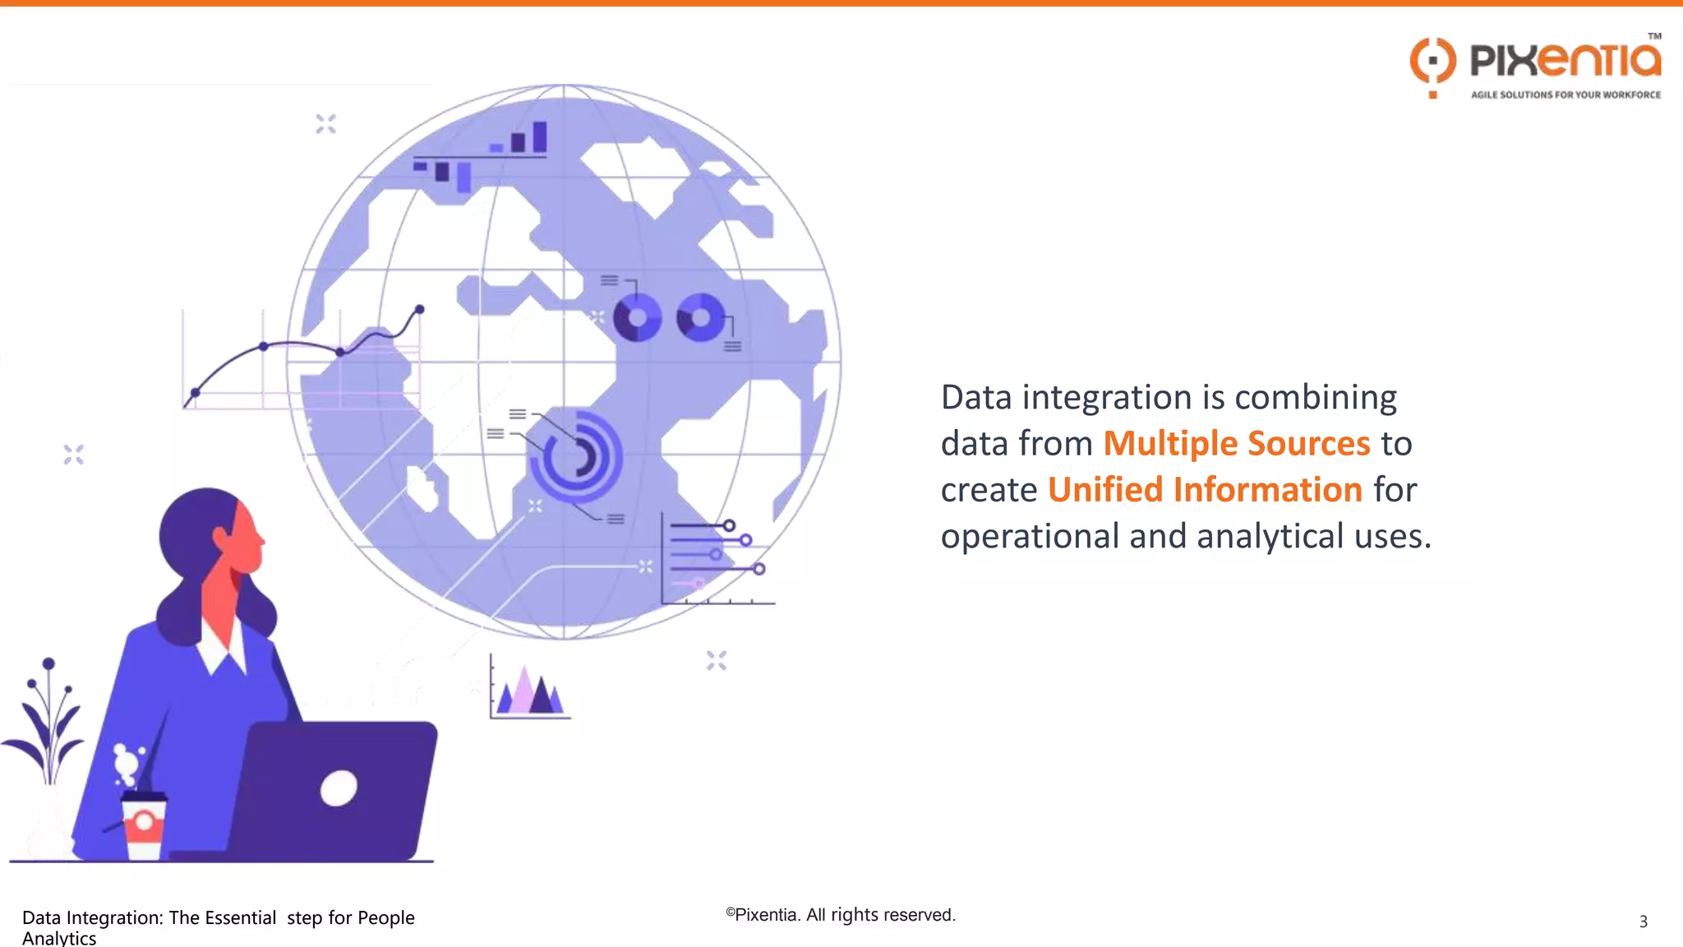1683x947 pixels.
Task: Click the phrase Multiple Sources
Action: (1236, 444)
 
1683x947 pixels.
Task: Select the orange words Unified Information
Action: (1205, 490)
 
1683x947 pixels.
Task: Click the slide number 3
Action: (1643, 922)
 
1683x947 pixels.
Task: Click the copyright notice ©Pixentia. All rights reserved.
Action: (840, 915)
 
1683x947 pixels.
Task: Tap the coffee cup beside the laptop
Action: (144, 825)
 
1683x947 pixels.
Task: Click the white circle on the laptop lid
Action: (339, 789)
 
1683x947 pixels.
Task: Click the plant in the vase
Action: (48, 723)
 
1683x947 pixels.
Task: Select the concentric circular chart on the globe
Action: (578, 456)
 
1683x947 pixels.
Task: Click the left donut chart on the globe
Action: (637, 317)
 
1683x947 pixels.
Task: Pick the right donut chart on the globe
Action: (700, 317)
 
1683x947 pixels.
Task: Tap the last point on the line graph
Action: (420, 309)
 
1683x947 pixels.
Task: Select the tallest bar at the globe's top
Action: (540, 136)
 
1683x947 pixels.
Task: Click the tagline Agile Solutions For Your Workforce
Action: (1565, 95)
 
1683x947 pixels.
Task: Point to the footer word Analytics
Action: (59, 938)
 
